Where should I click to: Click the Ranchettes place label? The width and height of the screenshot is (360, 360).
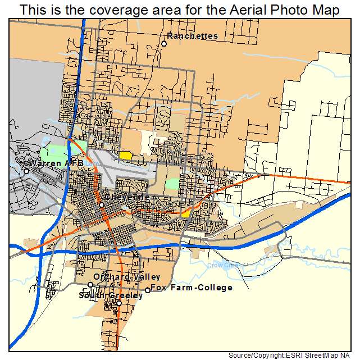pos(193,36)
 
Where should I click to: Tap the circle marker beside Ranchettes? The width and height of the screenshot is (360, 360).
pos(164,44)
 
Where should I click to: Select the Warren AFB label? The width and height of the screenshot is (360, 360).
pos(56,163)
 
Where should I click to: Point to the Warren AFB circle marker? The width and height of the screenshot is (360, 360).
pos(26,171)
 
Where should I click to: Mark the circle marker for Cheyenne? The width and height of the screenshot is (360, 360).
pos(102,205)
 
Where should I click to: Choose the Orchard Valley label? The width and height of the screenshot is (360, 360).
pos(127,277)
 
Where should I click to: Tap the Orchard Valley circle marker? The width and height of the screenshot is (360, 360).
pos(90,285)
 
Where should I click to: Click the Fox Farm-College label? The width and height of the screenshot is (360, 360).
pos(192,288)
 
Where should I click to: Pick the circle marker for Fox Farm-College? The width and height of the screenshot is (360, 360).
pos(148,290)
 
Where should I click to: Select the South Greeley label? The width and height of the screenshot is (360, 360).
pos(111,295)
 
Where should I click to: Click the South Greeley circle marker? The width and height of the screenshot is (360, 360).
pos(119,303)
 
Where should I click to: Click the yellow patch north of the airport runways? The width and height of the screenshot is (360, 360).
pos(125,154)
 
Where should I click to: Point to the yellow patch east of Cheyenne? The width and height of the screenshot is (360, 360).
pos(186,213)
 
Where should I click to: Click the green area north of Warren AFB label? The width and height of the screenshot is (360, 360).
pos(56,151)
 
